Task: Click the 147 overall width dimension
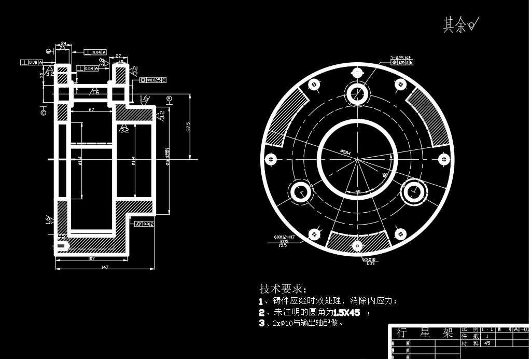pos(105,267)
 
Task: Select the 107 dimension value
pos(91,258)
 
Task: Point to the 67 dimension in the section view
pos(91,109)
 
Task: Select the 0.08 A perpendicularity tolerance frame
pos(33,63)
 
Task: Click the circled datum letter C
pos(43,111)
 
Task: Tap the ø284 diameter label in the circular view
pos(345,152)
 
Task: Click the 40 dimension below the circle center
pos(357,191)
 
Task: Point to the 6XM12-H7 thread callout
pos(284,237)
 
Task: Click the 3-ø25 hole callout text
pos(401,57)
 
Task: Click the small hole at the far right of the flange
pos(444,159)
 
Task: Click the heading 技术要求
pos(283,288)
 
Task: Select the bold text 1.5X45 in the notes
pos(346,312)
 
